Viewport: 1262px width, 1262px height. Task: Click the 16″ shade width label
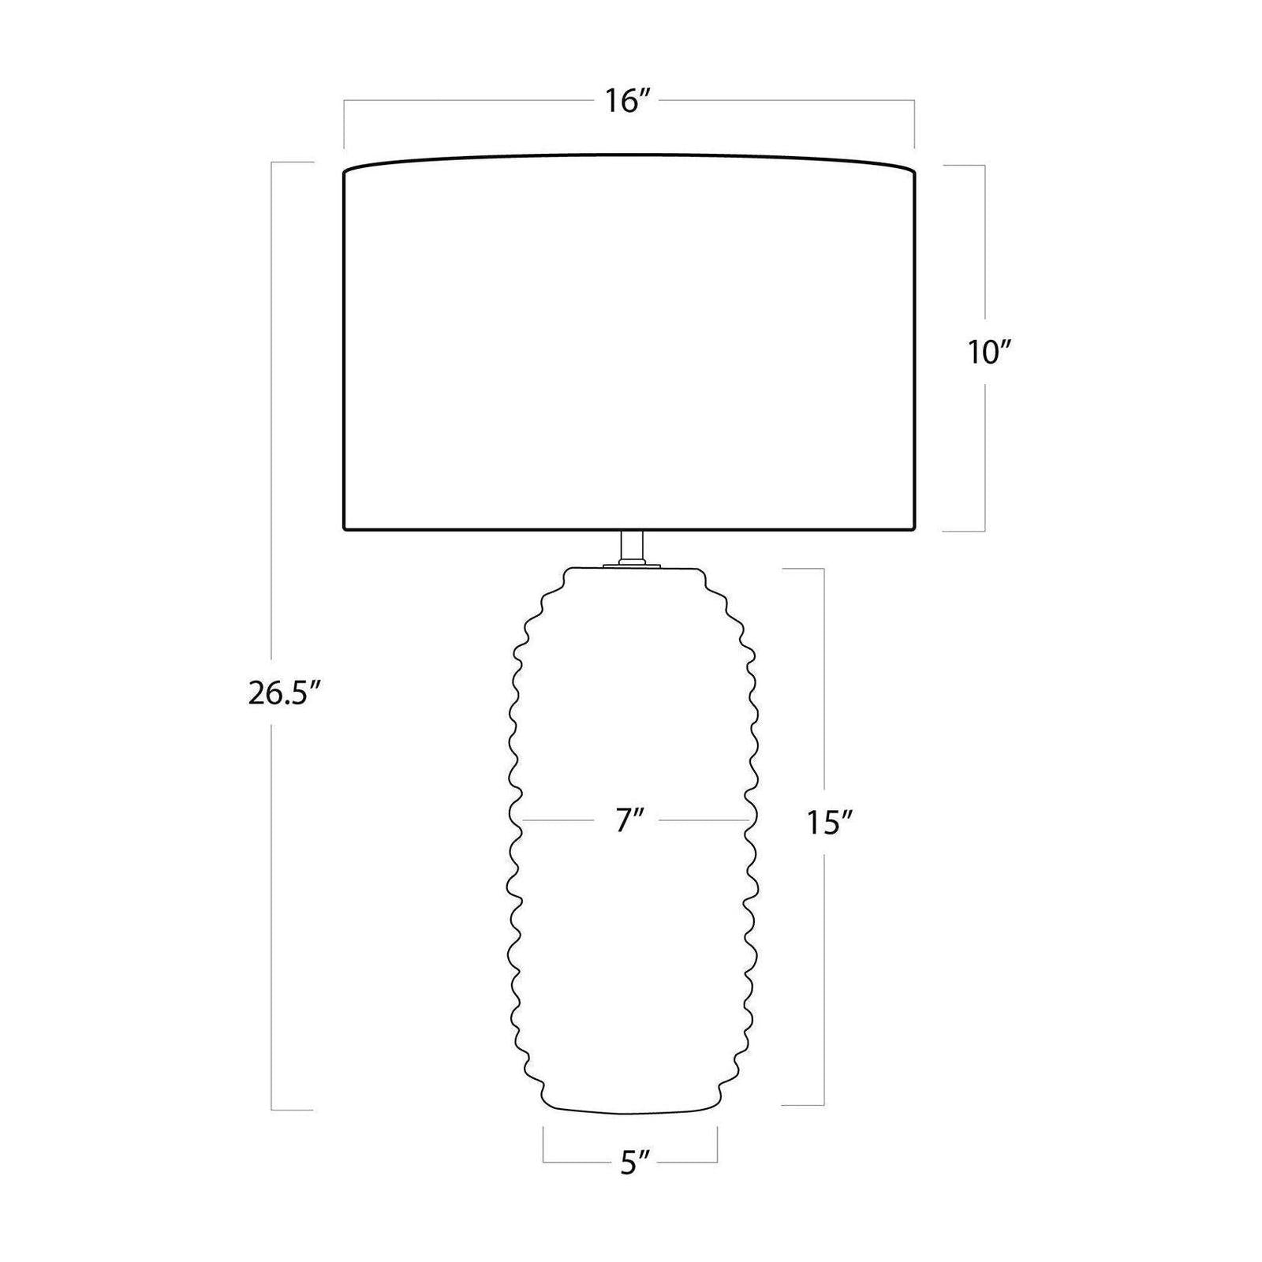pyautogui.click(x=627, y=102)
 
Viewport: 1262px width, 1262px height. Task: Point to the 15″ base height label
pyautogui.click(x=831, y=823)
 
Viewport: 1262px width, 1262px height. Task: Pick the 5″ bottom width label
pyautogui.click(x=633, y=1163)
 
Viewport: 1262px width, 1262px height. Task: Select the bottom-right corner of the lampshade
pyautogui.click(x=915, y=529)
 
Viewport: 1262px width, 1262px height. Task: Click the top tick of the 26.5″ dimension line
pyautogui.click(x=293, y=162)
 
